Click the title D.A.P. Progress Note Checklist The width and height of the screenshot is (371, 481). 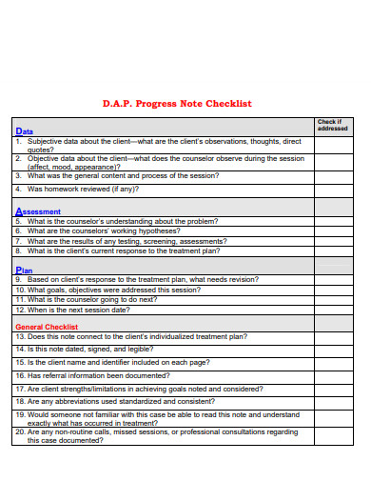point(177,103)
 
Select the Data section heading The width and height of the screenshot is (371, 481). point(24,131)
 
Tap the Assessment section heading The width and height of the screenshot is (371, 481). point(38,211)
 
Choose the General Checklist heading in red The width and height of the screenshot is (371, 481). point(47,327)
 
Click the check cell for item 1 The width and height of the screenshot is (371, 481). point(333,145)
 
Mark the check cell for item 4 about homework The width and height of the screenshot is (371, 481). point(333,190)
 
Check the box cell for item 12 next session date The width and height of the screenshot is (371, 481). point(333,310)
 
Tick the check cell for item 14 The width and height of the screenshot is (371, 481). point(333,350)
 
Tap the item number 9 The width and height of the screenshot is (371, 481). point(19,280)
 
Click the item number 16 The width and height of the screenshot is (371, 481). point(20,376)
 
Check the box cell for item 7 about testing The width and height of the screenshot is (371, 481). point(333,241)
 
